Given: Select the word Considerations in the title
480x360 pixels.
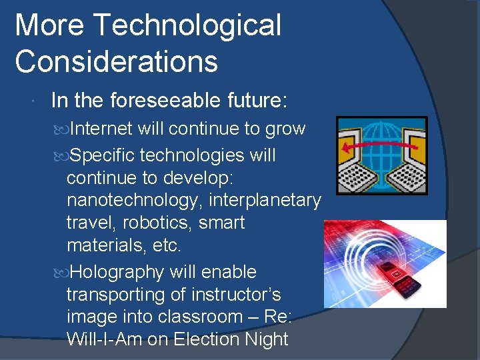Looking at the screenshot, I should click(116, 61).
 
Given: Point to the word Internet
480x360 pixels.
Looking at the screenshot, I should click(101, 129).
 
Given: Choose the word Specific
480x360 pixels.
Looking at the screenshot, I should click(103, 155).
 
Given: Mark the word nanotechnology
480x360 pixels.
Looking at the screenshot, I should click(137, 200).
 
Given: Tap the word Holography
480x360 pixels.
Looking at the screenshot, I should click(117, 272).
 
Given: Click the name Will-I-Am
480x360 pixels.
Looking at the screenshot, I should click(104, 339).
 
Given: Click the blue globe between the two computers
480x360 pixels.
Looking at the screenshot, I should click(381, 155).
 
